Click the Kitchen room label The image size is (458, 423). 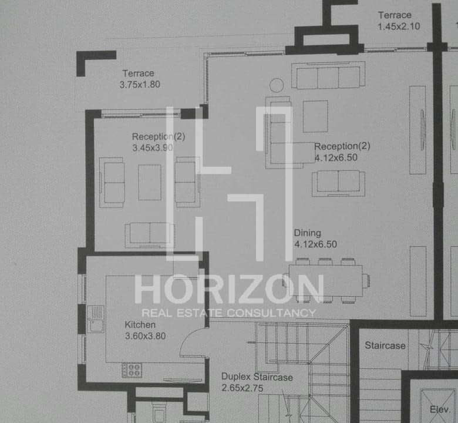coord(140,325)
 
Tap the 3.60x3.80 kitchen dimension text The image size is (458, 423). coord(145,337)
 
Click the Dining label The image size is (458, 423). coord(307,233)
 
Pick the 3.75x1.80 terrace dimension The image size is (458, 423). coord(140,85)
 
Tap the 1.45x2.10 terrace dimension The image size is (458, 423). coord(399,26)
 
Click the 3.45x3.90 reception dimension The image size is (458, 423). coord(152,148)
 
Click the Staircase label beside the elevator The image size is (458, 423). coord(385,346)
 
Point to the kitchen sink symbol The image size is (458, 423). coord(95,318)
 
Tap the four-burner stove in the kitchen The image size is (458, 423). coord(132,370)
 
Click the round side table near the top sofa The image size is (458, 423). coord(276,85)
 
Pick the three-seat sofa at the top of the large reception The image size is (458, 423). coord(328,76)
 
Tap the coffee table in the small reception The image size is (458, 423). coord(150,182)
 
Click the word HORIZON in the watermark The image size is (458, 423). coord(229,289)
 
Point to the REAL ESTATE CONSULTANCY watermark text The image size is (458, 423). coord(229,313)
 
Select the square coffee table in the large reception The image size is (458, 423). coord(315,116)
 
